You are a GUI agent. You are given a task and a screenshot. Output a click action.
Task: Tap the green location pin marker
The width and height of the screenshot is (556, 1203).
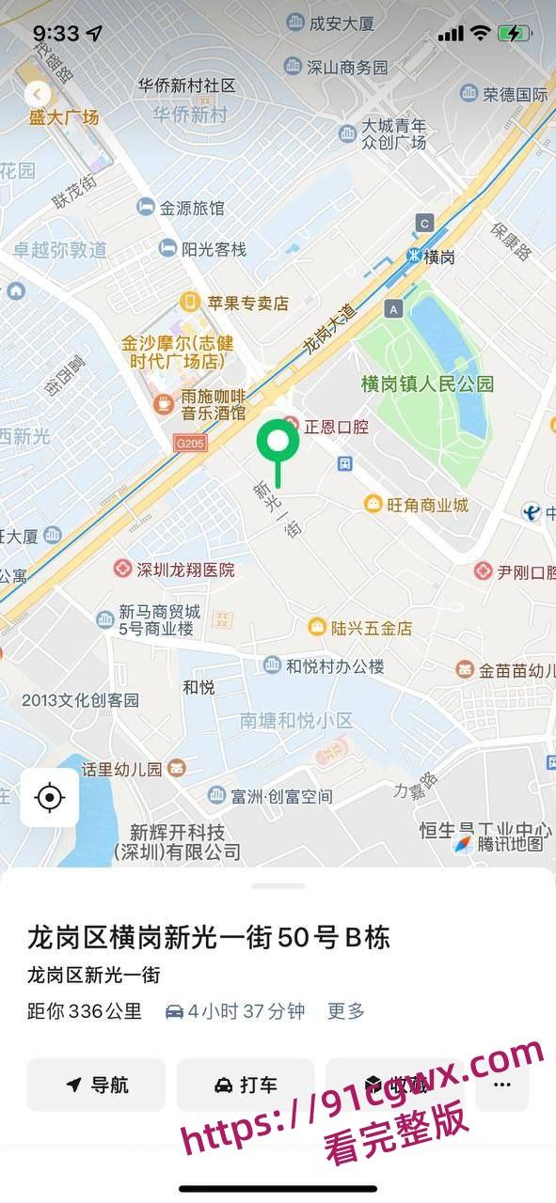278,443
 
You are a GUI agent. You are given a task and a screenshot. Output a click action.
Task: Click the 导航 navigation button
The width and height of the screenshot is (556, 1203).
96,1085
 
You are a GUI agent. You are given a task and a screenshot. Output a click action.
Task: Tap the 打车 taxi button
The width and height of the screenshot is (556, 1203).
246,1085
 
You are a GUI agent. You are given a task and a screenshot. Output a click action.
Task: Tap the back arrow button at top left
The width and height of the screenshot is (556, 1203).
38,94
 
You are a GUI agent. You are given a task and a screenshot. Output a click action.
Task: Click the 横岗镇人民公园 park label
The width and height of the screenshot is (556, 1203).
427,383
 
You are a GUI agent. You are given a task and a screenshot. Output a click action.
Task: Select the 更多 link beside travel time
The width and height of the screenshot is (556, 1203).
345,1011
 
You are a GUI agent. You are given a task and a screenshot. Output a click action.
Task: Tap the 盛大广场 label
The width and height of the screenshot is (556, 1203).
63,117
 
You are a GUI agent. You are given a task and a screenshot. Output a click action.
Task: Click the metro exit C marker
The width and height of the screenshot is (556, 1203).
425,223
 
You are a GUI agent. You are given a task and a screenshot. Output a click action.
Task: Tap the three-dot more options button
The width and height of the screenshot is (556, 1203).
501,1085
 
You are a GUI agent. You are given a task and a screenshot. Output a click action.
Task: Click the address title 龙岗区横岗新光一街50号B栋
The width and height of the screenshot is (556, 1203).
208,938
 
